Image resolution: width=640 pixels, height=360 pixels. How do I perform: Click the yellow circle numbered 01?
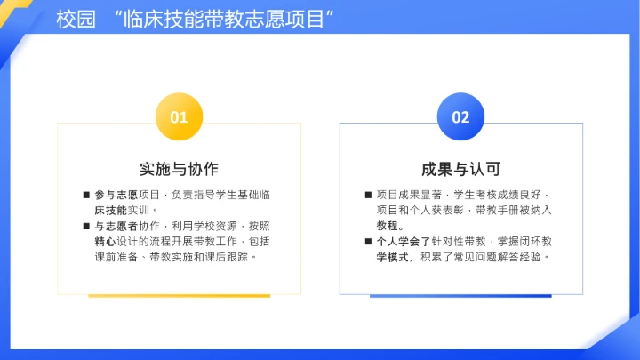179,116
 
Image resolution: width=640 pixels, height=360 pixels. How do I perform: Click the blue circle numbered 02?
460,116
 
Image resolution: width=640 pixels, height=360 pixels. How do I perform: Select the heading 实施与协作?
179,169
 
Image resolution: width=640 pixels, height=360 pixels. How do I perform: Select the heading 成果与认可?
460,169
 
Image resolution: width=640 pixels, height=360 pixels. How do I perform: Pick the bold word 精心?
105,242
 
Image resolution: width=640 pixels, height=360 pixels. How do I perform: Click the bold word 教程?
388,226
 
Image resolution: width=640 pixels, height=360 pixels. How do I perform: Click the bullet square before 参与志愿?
85,194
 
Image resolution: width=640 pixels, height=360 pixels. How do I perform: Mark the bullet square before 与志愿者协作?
85,226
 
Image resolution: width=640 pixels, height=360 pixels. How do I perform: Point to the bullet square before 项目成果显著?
367,194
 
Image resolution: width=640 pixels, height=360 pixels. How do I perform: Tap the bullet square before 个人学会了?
367,242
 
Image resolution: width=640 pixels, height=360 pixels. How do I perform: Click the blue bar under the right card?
460,295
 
